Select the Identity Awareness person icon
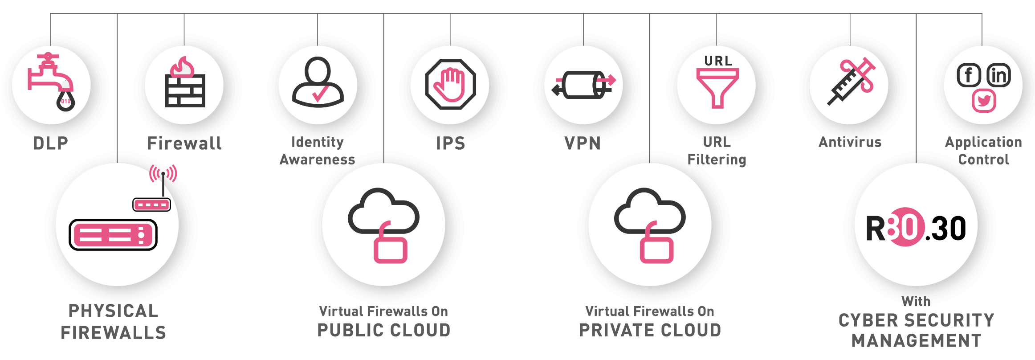coord(318,82)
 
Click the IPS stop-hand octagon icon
coord(450,84)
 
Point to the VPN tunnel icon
coord(584,85)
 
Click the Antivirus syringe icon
coord(851,81)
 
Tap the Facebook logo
coord(969,75)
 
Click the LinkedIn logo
coord(998,75)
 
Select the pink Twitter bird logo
coord(984,101)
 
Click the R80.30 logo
coord(916,227)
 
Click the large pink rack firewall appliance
coord(113,235)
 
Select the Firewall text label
coord(184,143)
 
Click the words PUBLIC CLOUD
coord(384,331)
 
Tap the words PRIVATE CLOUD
coord(650,331)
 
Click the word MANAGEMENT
coord(917,341)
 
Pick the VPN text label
coord(583,143)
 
